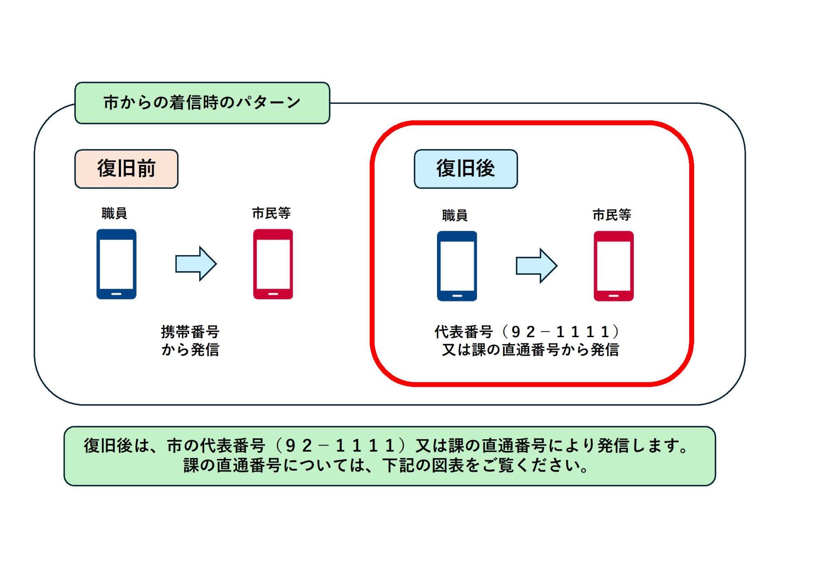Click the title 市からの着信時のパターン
(x=202, y=103)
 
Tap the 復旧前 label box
(x=126, y=169)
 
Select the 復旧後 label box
(x=466, y=169)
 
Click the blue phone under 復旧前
(x=116, y=264)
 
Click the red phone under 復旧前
(x=273, y=264)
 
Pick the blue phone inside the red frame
(x=457, y=266)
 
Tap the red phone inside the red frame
(x=614, y=266)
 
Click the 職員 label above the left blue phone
(x=114, y=213)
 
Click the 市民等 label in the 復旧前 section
(x=271, y=213)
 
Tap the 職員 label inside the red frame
(x=455, y=215)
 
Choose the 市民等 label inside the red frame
(x=612, y=215)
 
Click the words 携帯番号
(x=190, y=331)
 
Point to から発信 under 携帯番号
(x=190, y=350)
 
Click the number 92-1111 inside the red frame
(x=560, y=331)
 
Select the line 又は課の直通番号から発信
(x=531, y=350)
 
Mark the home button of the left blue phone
(x=116, y=294)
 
